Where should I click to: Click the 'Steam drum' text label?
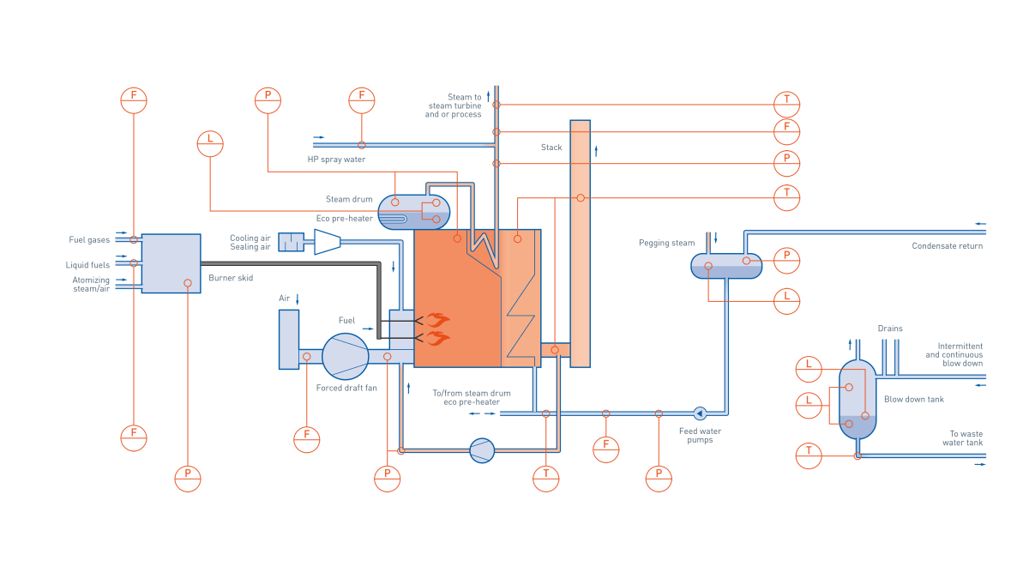[349, 200]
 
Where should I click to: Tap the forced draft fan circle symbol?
[346, 356]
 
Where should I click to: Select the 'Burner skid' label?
[231, 279]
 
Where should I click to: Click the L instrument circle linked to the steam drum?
[210, 143]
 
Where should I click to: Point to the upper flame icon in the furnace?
[438, 320]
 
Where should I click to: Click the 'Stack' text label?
[551, 148]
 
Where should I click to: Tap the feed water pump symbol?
[700, 413]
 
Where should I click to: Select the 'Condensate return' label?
[947, 246]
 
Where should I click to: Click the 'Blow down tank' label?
[913, 399]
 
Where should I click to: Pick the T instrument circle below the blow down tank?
[809, 455]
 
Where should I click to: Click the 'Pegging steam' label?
[665, 244]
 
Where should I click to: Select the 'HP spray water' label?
[336, 160]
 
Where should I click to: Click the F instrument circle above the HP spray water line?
[361, 100]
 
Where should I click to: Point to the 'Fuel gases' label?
[89, 240]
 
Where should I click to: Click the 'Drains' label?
[890, 329]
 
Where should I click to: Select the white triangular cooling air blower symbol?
[327, 242]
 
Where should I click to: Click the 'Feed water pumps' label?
[700, 435]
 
